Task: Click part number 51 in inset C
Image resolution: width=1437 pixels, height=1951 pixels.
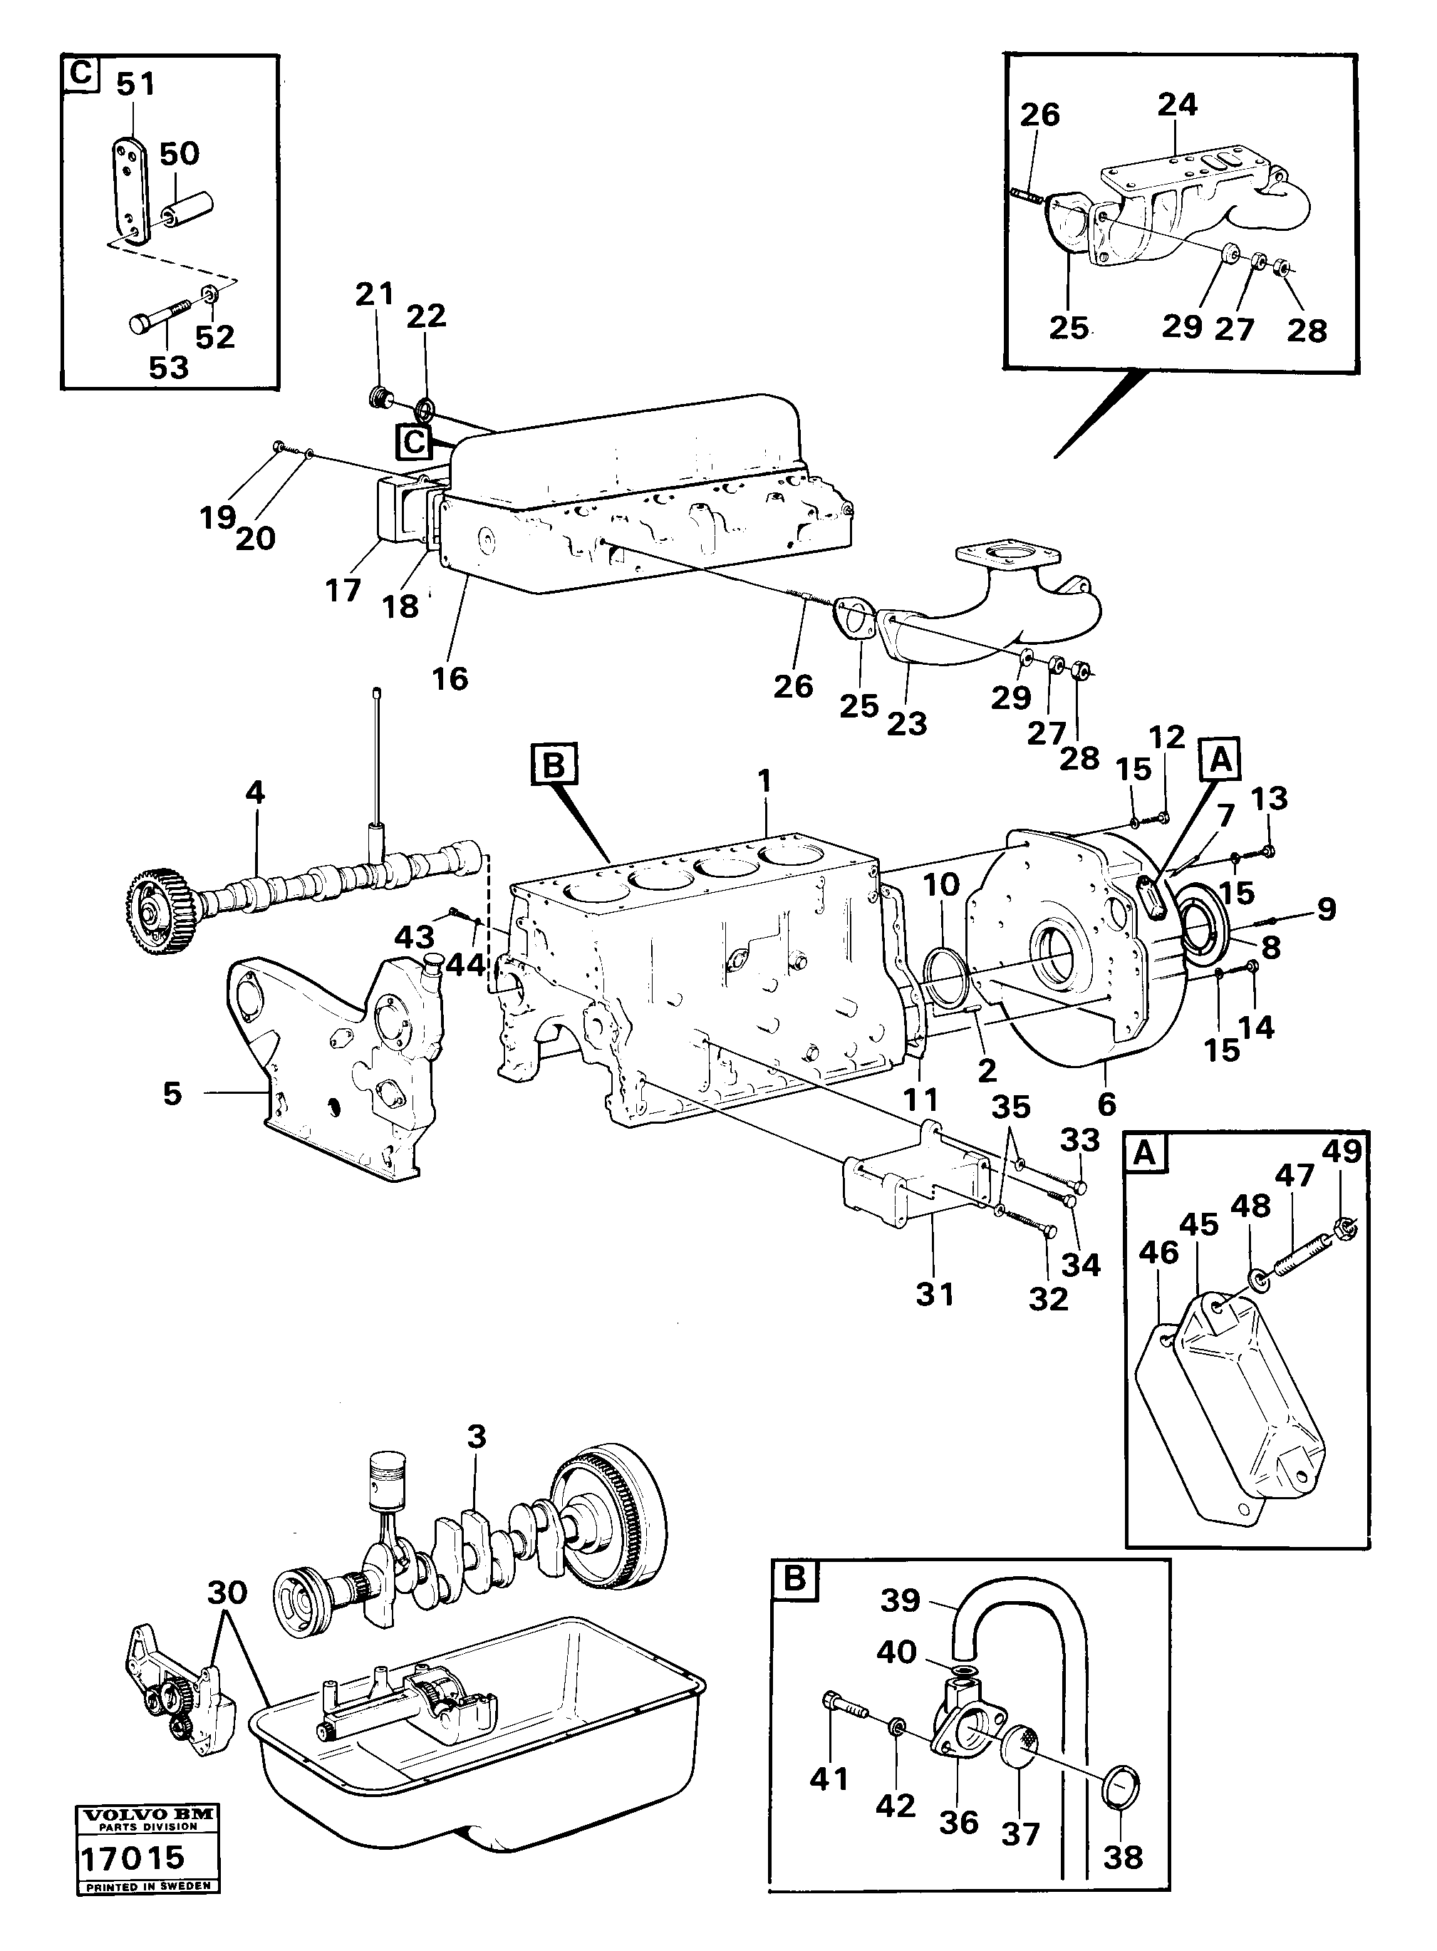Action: click(135, 84)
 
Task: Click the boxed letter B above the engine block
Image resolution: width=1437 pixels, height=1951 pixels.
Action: click(554, 765)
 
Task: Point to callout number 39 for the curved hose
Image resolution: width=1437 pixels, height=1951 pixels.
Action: click(899, 1600)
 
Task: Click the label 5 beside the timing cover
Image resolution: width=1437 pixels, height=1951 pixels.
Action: click(172, 1093)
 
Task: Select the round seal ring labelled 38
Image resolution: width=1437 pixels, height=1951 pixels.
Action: click(1121, 1781)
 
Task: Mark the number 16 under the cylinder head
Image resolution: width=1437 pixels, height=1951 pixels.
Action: click(450, 678)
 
